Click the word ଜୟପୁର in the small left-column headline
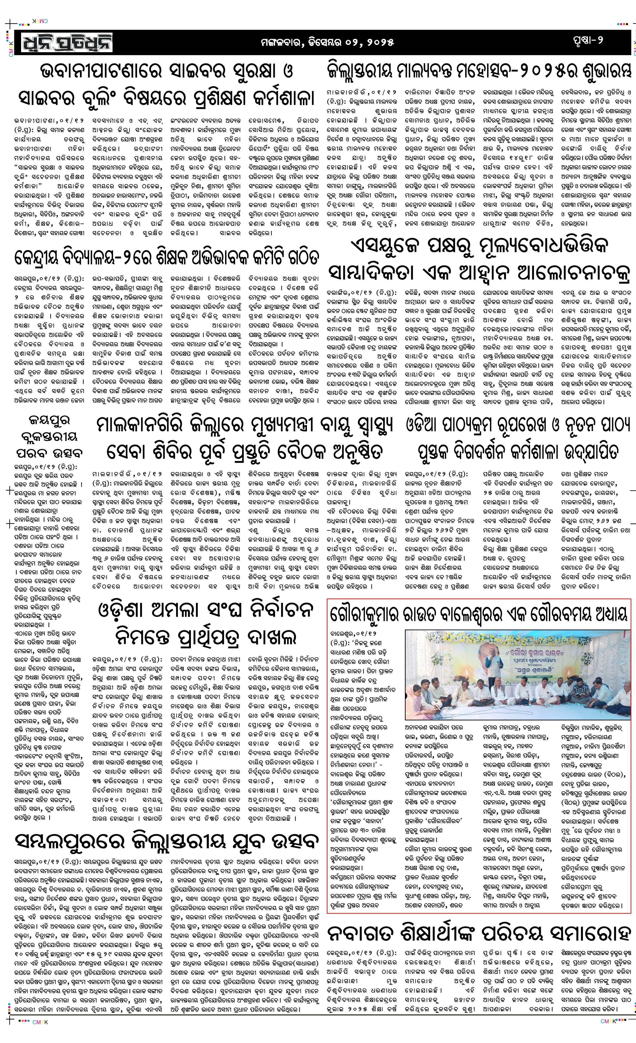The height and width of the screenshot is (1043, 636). point(49,421)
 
